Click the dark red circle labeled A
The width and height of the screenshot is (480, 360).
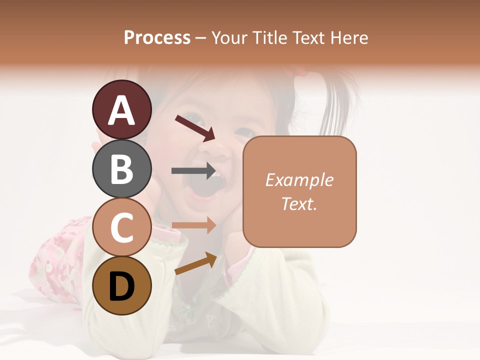(x=122, y=109)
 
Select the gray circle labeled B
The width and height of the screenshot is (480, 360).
(x=122, y=168)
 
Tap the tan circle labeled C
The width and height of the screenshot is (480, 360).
(x=122, y=227)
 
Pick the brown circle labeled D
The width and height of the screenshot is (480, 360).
(x=122, y=285)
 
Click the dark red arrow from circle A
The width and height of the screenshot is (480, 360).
(x=195, y=127)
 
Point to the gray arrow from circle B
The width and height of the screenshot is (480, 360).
(x=193, y=170)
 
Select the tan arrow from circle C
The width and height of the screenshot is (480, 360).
(x=193, y=225)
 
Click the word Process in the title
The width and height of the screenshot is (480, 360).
(x=157, y=38)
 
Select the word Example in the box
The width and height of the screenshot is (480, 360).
(x=299, y=180)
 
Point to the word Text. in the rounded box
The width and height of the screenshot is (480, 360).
(x=299, y=203)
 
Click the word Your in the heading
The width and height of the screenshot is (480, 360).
(x=229, y=38)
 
